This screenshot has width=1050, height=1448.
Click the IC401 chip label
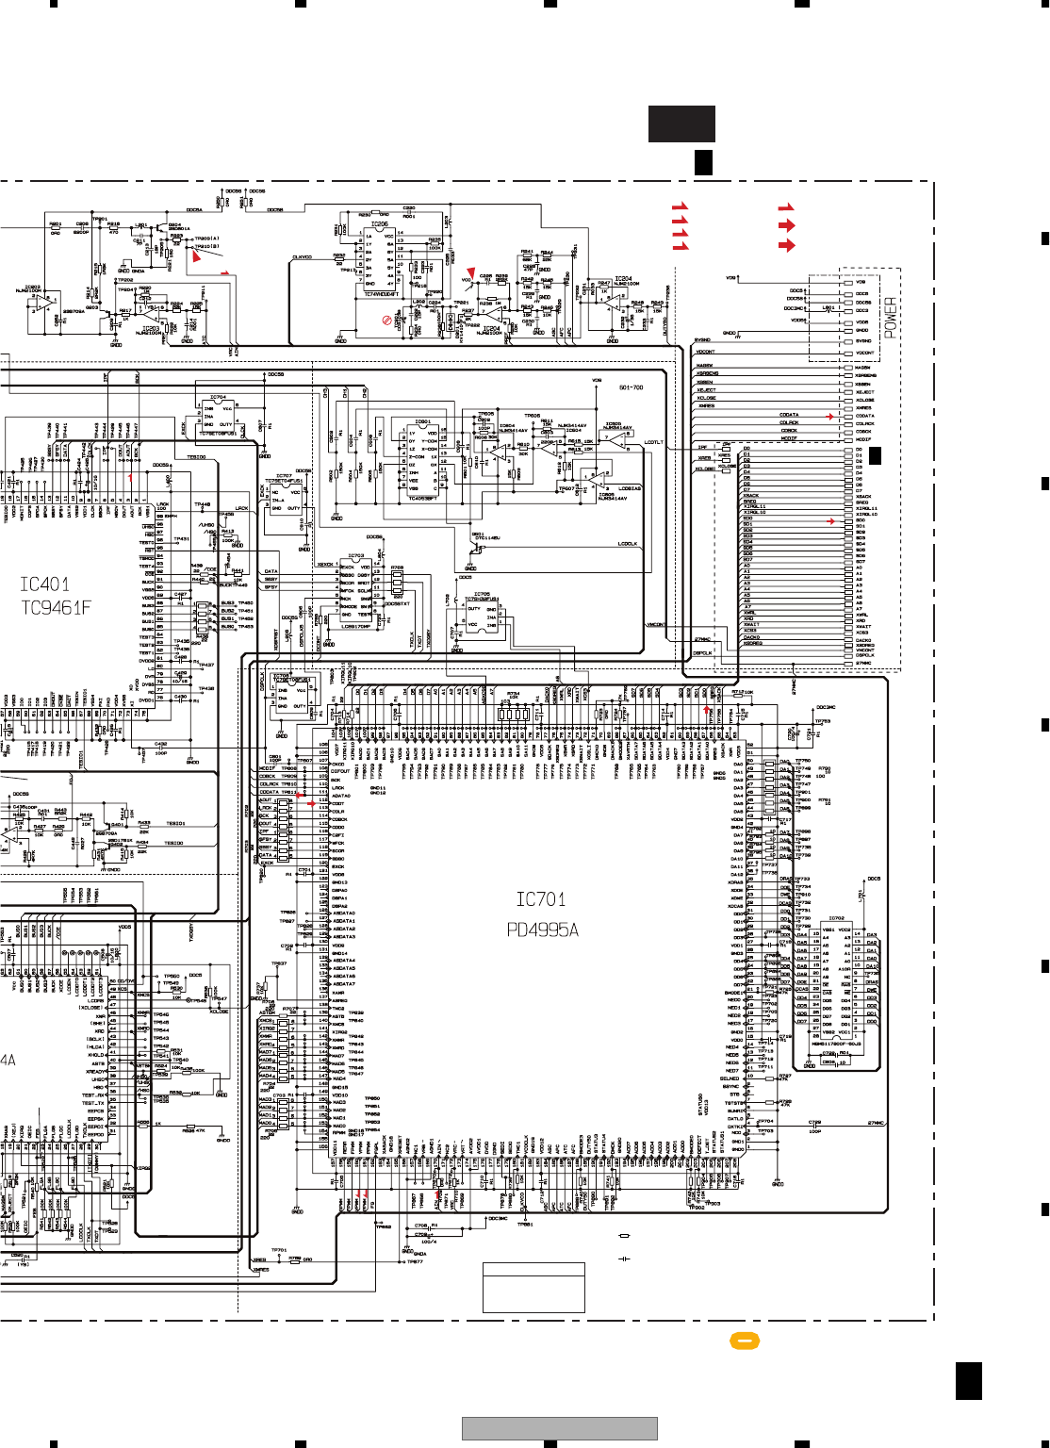pyautogui.click(x=44, y=584)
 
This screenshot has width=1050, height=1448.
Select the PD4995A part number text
pyautogui.click(x=542, y=930)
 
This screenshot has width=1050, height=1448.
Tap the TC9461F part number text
pyautogui.click(x=56, y=608)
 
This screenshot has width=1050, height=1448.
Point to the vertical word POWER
pyautogui.click(x=891, y=318)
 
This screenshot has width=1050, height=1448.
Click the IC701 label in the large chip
pyautogui.click(x=540, y=900)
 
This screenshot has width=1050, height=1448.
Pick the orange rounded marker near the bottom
pyautogui.click(x=744, y=1341)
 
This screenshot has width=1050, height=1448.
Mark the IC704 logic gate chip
pyautogui.click(x=218, y=398)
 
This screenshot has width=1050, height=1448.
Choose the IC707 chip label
pyautogui.click(x=283, y=476)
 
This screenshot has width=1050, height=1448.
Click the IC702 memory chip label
pyautogui.click(x=836, y=918)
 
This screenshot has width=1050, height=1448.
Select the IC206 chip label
pyautogui.click(x=379, y=224)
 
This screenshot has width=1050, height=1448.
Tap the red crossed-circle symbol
pyautogui.click(x=386, y=321)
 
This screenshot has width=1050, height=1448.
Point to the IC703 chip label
pyautogui.click(x=355, y=556)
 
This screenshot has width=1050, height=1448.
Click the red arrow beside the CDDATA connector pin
pyautogui.click(x=830, y=416)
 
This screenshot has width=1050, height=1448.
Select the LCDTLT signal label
pyautogui.click(x=653, y=442)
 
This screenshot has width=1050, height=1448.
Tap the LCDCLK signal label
pyautogui.click(x=628, y=544)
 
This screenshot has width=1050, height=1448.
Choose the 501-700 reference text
pyautogui.click(x=631, y=387)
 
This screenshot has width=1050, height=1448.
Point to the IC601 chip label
pyautogui.click(x=422, y=422)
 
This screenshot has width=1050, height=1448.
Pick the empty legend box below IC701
pyautogui.click(x=533, y=1288)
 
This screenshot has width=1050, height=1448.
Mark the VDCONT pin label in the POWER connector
pyautogui.click(x=864, y=353)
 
